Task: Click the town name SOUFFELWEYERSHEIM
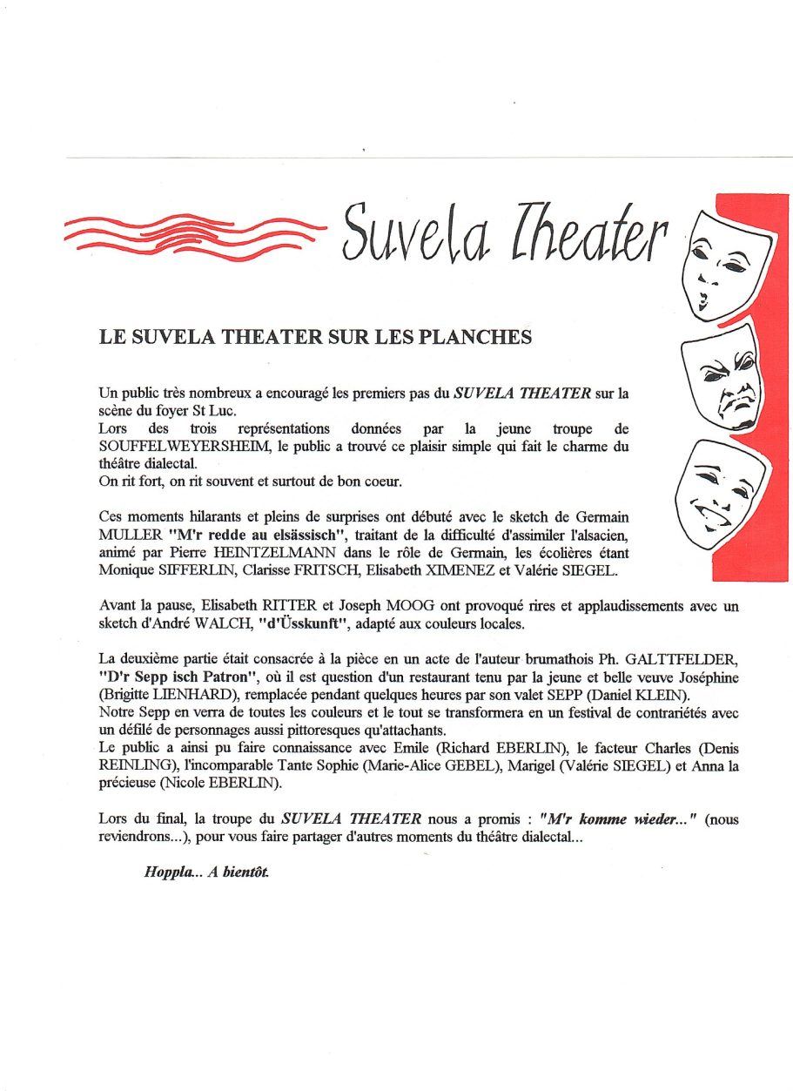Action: click(x=169, y=446)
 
